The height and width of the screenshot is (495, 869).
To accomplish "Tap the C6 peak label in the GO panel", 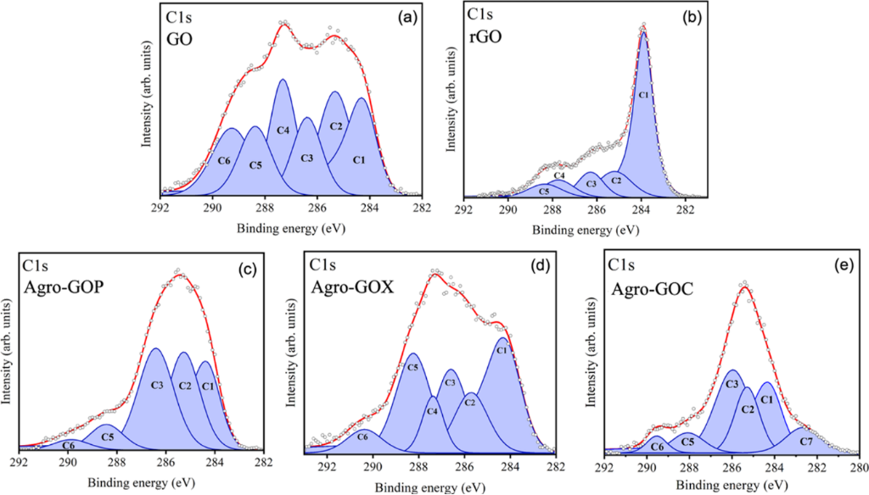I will coord(225,160).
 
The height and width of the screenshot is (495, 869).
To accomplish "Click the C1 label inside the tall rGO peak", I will coord(643,96).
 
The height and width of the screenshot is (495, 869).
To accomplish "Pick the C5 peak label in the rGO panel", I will coord(544,192).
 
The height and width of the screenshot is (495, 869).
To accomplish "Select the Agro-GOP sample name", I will coord(60,287).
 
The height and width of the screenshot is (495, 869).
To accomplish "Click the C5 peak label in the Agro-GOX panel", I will coord(413,368).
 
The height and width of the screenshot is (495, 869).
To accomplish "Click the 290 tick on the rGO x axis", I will coord(507,210).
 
